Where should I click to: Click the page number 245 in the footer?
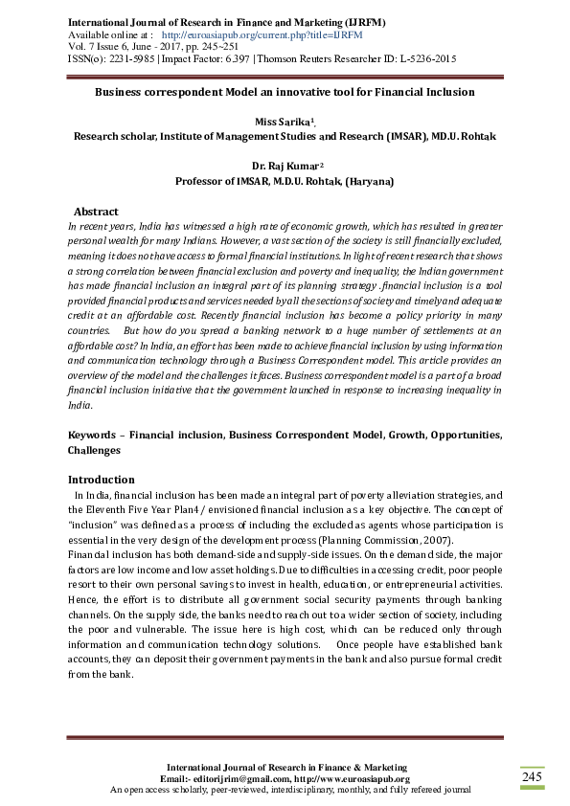point(532,777)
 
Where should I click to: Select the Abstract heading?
point(96,212)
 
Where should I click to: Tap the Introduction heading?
point(101,480)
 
